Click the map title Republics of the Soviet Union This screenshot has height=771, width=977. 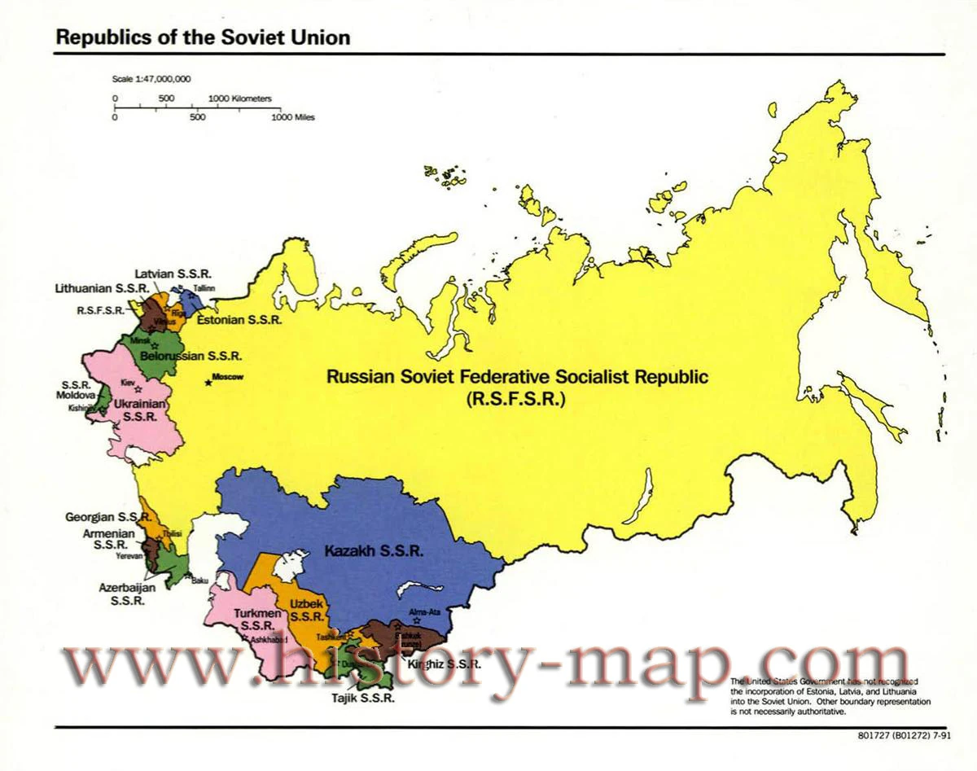coord(203,37)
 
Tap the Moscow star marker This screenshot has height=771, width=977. coord(208,382)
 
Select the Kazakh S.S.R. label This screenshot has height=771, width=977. coord(374,551)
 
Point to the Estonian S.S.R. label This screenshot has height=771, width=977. coord(241,321)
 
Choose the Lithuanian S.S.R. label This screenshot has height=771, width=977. coord(101,289)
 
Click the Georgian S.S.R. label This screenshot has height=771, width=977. coord(108,517)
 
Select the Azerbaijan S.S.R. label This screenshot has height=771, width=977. coord(129,594)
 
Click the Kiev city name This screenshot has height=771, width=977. coord(127,382)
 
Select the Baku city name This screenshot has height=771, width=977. coord(200,580)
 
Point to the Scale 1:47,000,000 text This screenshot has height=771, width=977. coord(151,79)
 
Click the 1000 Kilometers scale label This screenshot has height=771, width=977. coord(240,99)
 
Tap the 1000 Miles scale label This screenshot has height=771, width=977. coord(293,117)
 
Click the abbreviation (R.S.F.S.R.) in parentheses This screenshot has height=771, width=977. coord(517,399)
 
